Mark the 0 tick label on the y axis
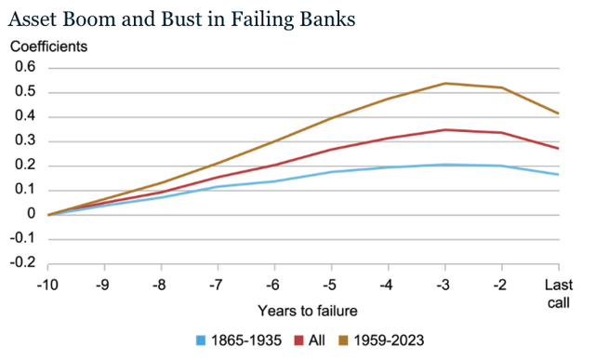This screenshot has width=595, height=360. click(x=30, y=215)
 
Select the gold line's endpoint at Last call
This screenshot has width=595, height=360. click(x=559, y=113)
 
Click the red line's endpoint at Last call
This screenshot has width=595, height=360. click(x=559, y=149)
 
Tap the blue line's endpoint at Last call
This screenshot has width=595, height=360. click(x=559, y=174)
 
